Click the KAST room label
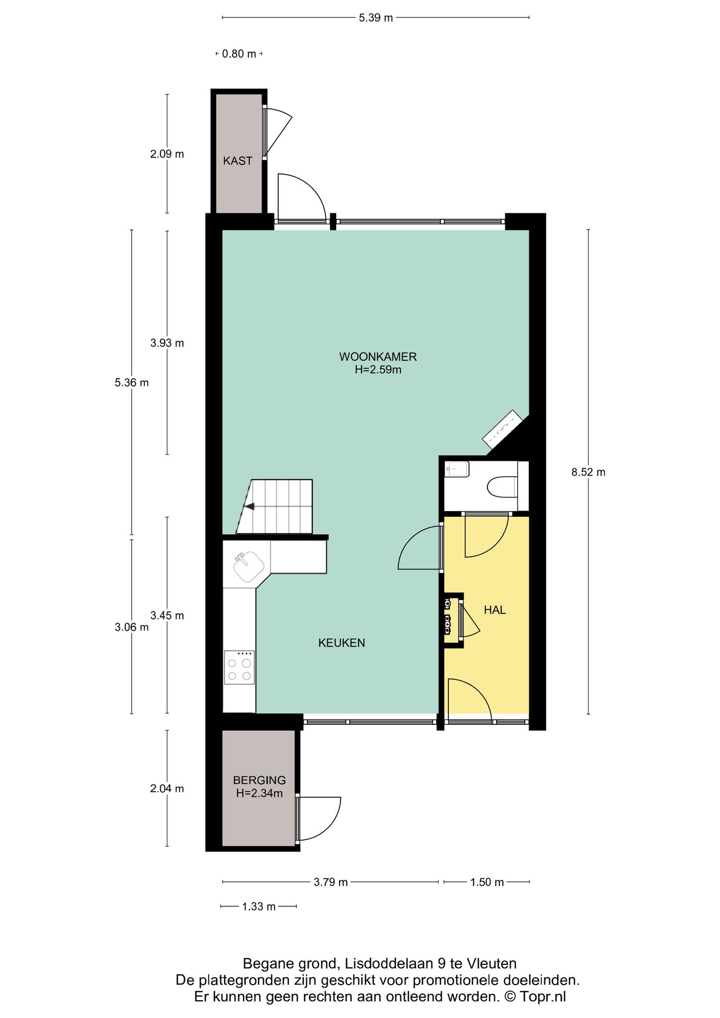(238, 161)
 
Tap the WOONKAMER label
(377, 356)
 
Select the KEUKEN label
(342, 643)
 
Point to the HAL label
(495, 610)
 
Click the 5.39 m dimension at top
(375, 18)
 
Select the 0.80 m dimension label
(239, 54)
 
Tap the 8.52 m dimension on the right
(588, 472)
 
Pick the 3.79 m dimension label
(330, 882)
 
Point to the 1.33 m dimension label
(259, 907)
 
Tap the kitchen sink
(249, 567)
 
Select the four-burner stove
(239, 668)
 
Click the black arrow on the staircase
(249, 506)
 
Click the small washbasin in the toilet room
(457, 469)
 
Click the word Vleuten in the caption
(492, 964)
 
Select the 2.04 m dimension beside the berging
(167, 788)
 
